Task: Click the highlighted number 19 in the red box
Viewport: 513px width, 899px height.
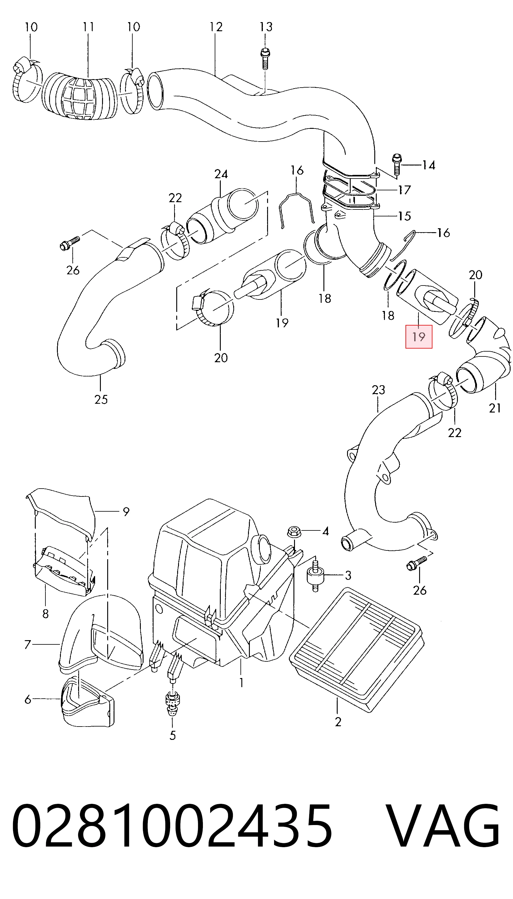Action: point(419,337)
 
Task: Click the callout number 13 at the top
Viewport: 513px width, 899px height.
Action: point(266,27)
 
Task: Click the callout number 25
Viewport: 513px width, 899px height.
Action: point(101,399)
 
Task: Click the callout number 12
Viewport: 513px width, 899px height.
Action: point(216,27)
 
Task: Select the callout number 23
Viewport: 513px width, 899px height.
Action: point(379,390)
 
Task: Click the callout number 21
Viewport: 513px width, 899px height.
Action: point(495,408)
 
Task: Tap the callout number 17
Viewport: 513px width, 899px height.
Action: point(405,190)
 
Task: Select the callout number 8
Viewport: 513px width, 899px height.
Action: point(45,614)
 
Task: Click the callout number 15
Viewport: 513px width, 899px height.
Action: point(405,216)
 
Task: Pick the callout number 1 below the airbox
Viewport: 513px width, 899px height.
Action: point(241,683)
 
